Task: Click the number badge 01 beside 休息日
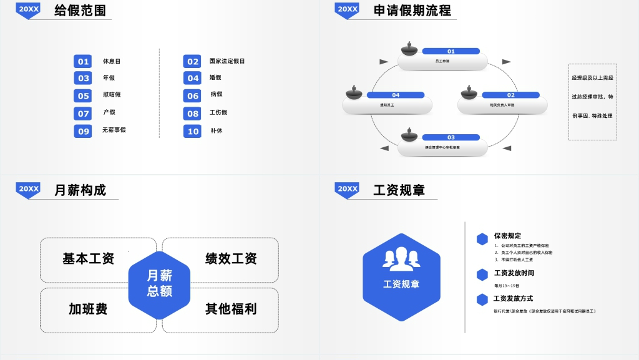[x=83, y=61]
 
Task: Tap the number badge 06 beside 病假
[x=193, y=95]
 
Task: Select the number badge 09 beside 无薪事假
[x=83, y=131]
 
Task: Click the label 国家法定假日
[x=227, y=61]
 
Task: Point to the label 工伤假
[x=218, y=112]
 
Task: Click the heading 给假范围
[x=80, y=11]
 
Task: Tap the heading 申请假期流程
[x=412, y=11]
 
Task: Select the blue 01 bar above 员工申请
[x=451, y=51]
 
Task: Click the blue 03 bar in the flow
[x=451, y=137]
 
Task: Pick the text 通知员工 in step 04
[x=388, y=105]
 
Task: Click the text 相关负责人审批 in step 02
[x=502, y=105]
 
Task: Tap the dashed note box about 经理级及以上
[x=592, y=102]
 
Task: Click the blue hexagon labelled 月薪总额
[x=159, y=284]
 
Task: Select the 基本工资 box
[x=89, y=259]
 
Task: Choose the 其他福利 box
[x=231, y=309]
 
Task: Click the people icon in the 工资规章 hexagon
[x=401, y=259]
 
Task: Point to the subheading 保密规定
[x=507, y=236]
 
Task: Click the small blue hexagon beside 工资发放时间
[x=482, y=275]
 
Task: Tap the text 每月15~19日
[x=507, y=286]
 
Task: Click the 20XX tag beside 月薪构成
[x=29, y=189]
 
